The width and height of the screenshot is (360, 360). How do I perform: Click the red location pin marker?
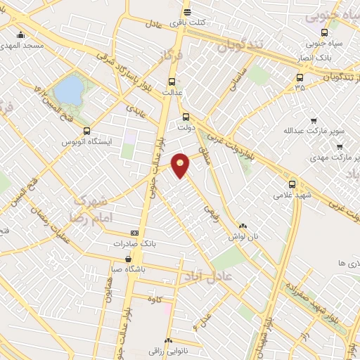click(x=181, y=165)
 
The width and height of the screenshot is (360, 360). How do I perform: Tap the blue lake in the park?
click(x=68, y=90)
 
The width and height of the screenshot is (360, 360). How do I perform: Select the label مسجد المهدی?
click(x=24, y=46)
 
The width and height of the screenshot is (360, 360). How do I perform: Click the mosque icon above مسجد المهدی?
click(x=20, y=35)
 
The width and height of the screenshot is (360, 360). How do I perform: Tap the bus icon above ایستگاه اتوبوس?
click(x=87, y=131)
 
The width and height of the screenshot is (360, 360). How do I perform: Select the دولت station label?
click(x=186, y=129)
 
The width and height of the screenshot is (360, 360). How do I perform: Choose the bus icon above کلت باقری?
click(x=187, y=12)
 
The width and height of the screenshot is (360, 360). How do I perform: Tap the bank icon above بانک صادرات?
click(x=135, y=233)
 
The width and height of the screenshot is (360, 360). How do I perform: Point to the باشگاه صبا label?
click(x=129, y=268)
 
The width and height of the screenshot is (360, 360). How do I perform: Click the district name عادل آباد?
click(x=207, y=275)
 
